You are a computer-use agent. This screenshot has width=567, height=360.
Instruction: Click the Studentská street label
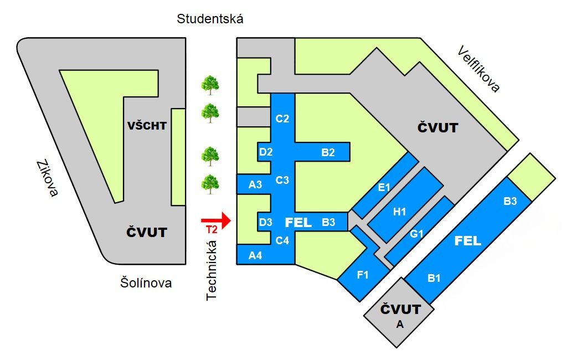pyautogui.click(x=210, y=19)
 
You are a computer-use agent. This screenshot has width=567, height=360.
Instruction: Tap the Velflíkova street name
pyautogui.click(x=478, y=69)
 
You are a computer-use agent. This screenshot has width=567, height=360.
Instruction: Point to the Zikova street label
pyautogui.click(x=47, y=178)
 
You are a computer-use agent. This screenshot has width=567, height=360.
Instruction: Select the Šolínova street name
pyautogui.click(x=146, y=283)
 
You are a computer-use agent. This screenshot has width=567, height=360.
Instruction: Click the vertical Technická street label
pyautogui.click(x=211, y=271)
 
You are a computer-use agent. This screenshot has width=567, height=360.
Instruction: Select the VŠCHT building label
pyautogui.click(x=147, y=126)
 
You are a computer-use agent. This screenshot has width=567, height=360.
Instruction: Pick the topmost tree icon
pyautogui.click(x=210, y=85)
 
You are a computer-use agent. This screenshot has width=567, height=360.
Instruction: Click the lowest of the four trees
pyautogui.click(x=210, y=183)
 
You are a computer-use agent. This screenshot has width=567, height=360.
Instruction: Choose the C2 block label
pyautogui.click(x=282, y=118)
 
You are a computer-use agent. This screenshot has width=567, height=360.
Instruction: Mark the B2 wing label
pyautogui.click(x=328, y=152)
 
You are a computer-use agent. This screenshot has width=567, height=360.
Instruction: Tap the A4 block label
pyautogui.click(x=255, y=255)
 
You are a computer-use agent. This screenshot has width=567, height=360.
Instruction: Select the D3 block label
pyautogui.click(x=266, y=223)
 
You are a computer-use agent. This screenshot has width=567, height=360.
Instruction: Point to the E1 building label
pyautogui.click(x=384, y=187)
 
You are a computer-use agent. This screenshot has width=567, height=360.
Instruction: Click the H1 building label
pyautogui.click(x=399, y=211)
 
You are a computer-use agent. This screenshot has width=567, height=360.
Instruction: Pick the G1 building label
pyautogui.click(x=417, y=234)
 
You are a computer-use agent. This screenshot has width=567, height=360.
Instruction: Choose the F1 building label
pyautogui.click(x=363, y=275)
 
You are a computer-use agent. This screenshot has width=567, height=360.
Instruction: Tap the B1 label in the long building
pyautogui.click(x=434, y=279)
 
